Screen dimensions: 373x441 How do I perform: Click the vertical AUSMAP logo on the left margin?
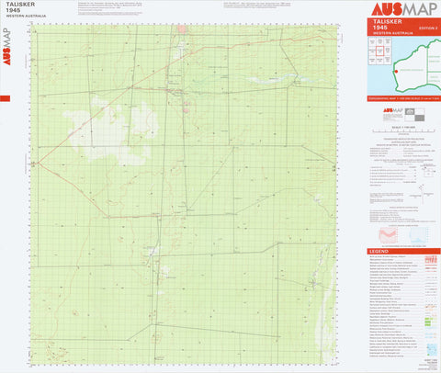(7, 42)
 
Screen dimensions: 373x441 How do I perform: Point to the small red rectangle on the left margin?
(5, 98)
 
